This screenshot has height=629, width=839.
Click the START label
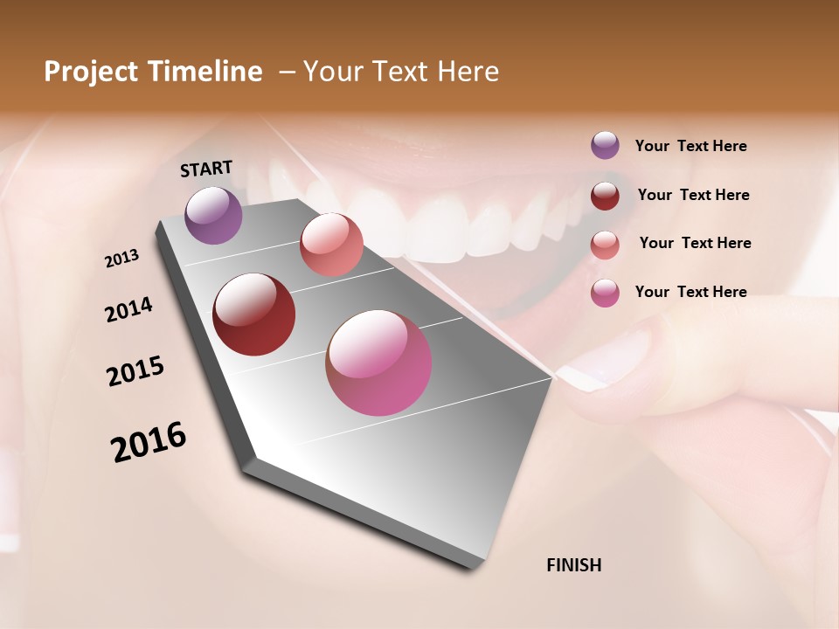tap(206, 169)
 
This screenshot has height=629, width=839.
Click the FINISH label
tap(573, 565)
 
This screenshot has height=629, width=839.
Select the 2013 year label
tap(121, 259)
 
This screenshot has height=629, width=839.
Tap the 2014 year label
tap(128, 309)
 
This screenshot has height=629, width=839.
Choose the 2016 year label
tap(149, 441)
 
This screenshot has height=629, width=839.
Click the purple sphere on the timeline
tap(213, 215)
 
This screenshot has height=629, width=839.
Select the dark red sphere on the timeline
tap(253, 314)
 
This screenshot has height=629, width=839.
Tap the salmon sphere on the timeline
tap(331, 244)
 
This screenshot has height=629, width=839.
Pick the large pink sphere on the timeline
tap(378, 363)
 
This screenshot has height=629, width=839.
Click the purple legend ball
tap(605, 145)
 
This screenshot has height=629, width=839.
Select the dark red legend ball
tap(605, 195)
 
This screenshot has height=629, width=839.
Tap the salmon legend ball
tap(605, 244)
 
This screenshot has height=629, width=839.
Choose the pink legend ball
tap(605, 292)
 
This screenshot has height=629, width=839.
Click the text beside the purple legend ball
tap(690, 146)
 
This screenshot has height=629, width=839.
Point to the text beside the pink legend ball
tap(690, 292)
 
